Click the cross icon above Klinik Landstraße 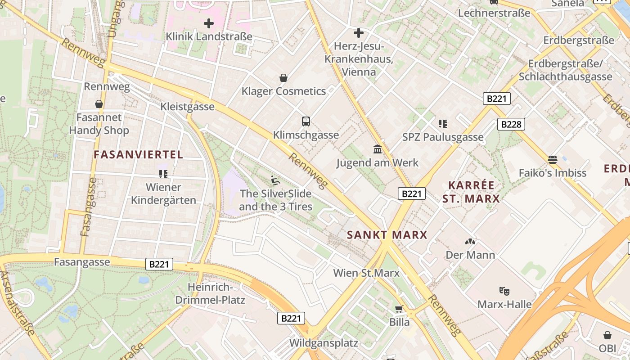[x=209, y=23]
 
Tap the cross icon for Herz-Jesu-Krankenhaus [x=359, y=33]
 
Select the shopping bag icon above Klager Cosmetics [x=283, y=78]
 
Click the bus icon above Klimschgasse [x=306, y=121]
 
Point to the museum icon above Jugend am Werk [x=378, y=149]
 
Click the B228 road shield [x=512, y=124]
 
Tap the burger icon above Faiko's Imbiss [x=553, y=159]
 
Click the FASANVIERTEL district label [x=139, y=155]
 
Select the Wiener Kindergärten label [x=164, y=194]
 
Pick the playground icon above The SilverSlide [x=275, y=180]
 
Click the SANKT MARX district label [x=387, y=235]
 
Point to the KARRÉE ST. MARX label [x=471, y=192]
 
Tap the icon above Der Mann [x=470, y=242]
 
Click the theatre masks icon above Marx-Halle [x=504, y=291]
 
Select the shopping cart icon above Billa [x=399, y=309]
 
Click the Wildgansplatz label [x=324, y=343]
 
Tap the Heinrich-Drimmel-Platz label [x=210, y=293]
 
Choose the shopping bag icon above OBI [x=607, y=335]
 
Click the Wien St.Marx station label [x=366, y=273]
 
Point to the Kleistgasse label [x=188, y=107]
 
